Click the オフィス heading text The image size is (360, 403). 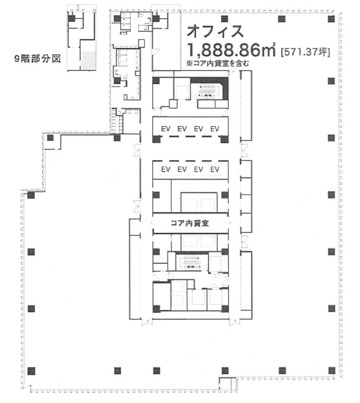pos(215,31)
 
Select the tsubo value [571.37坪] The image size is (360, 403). pos(305,52)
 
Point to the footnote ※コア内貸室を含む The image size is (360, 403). pos(218,63)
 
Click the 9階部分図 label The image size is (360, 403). pos(37,59)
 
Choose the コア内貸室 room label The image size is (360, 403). pos(190,223)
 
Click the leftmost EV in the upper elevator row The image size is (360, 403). pos(166,129)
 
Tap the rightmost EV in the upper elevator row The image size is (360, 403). pos(215,129)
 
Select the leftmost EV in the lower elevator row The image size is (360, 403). pos(166,169)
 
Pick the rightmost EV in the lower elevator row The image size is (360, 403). pos(215,169)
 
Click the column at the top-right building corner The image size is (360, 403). pos(331,18)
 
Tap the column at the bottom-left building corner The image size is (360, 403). pos(31,371)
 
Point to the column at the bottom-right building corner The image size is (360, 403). pos(332,370)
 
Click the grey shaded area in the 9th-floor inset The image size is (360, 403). pos(88,60)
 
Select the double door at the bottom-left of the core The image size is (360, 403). pos(147,322)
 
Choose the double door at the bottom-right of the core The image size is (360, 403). pos(235,322)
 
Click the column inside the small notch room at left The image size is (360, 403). pos(50,138)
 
